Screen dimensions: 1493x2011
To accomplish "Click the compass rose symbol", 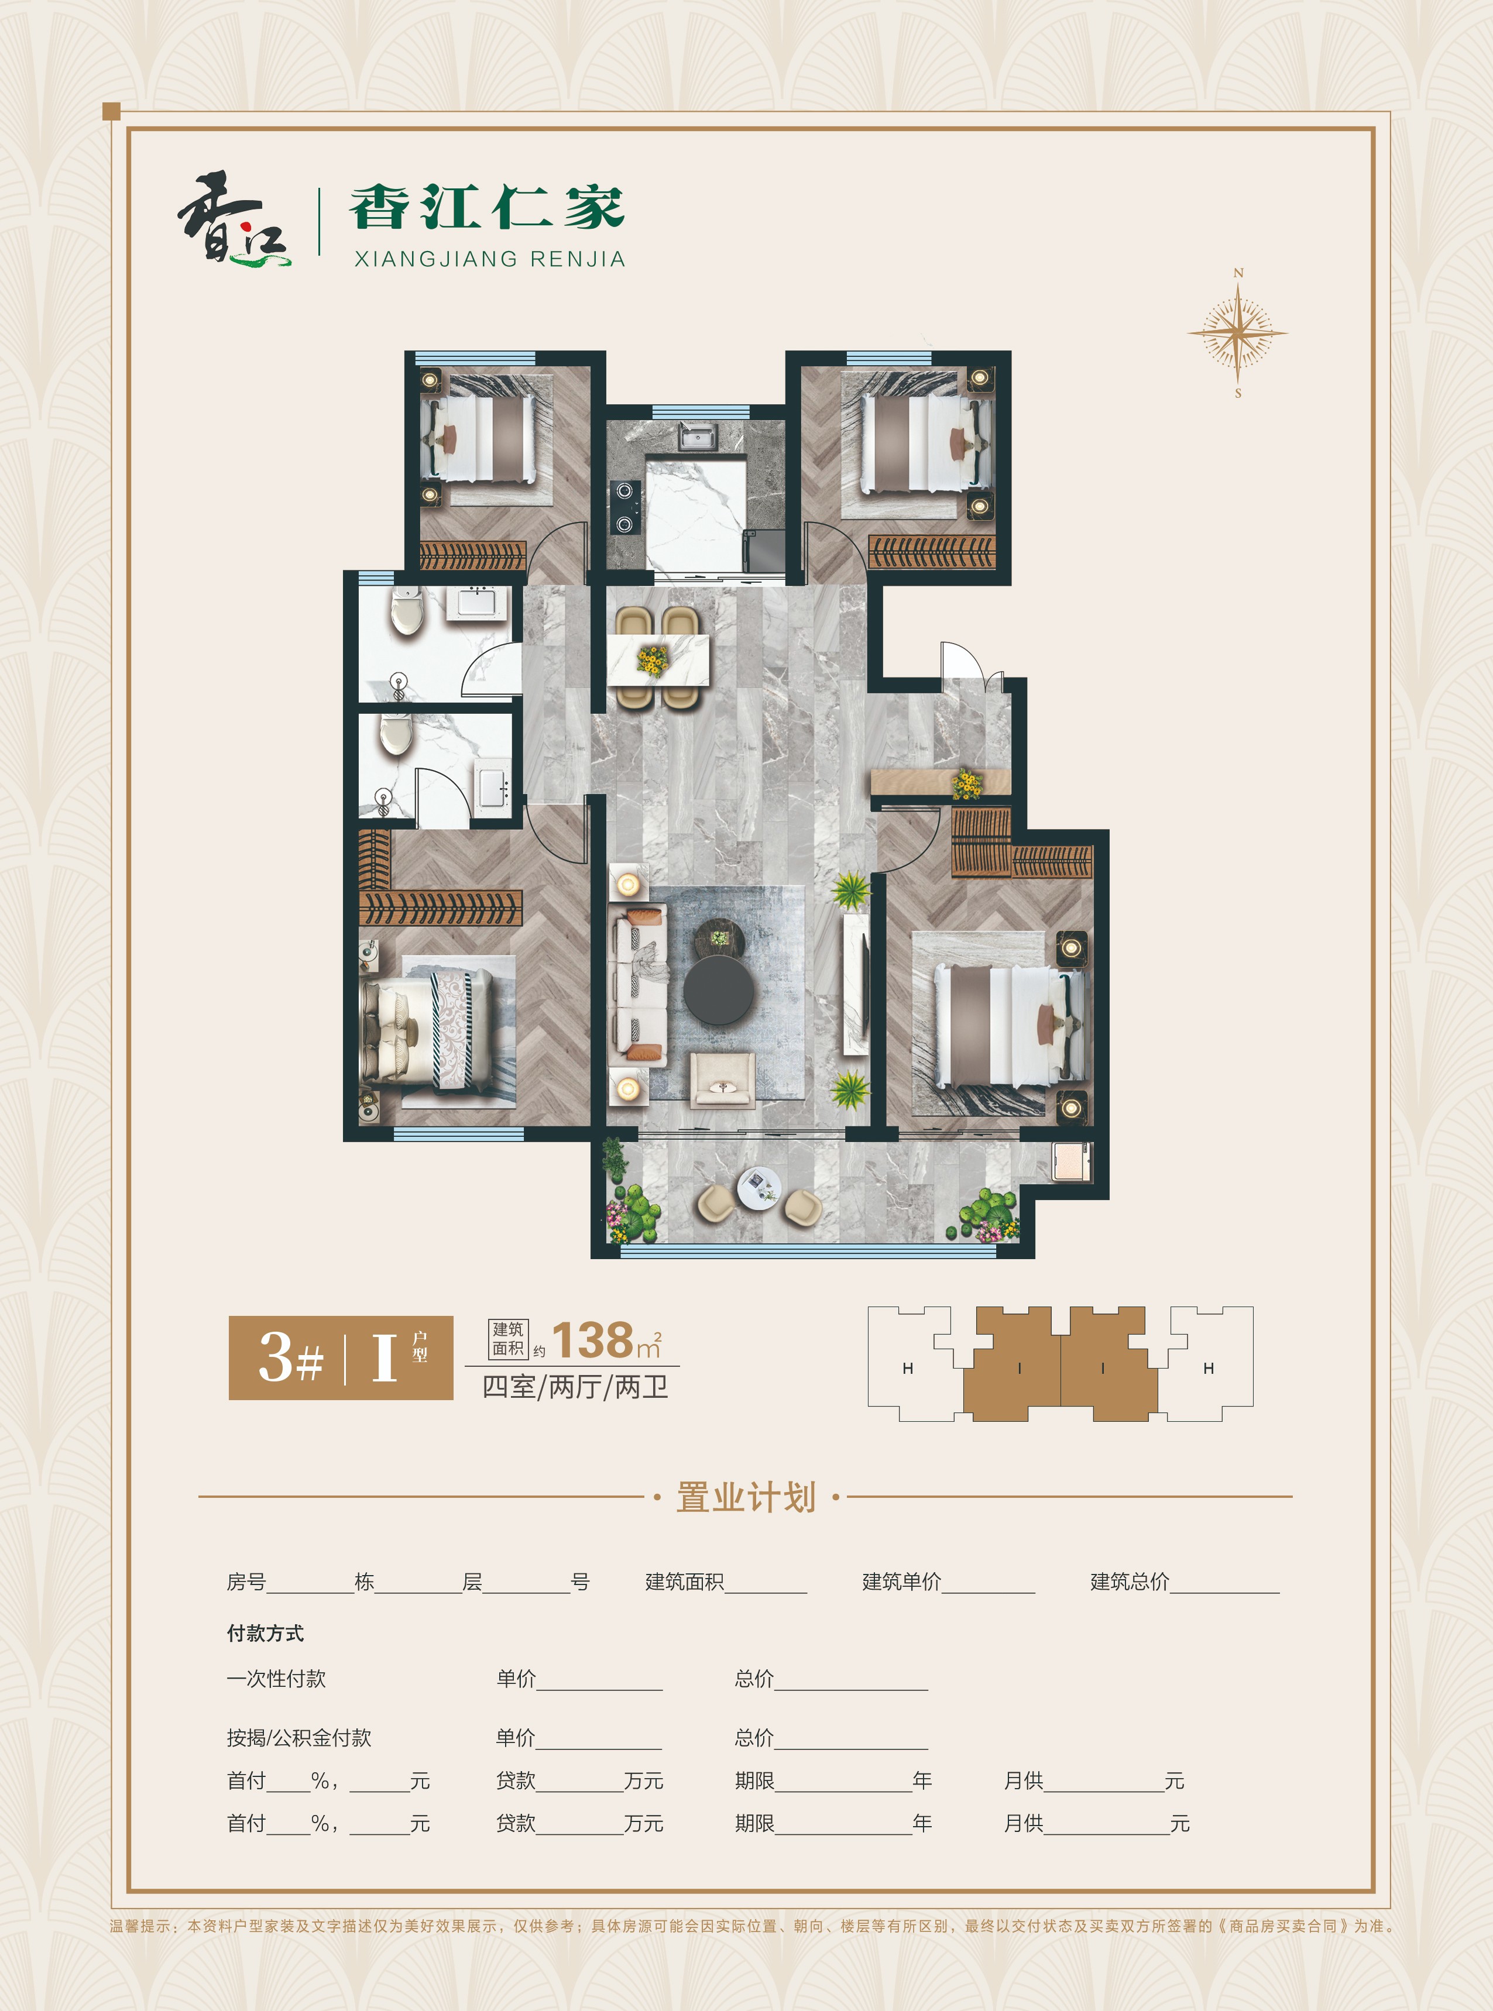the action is [x=1237, y=332].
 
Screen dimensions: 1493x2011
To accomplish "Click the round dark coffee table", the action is [x=719, y=989].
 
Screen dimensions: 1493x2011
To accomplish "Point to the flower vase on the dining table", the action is [x=651, y=659].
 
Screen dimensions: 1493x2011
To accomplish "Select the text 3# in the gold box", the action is [x=291, y=1357].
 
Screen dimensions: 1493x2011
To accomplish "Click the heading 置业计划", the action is [x=746, y=1497].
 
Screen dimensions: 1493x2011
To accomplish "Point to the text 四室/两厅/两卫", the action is [x=575, y=1387].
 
